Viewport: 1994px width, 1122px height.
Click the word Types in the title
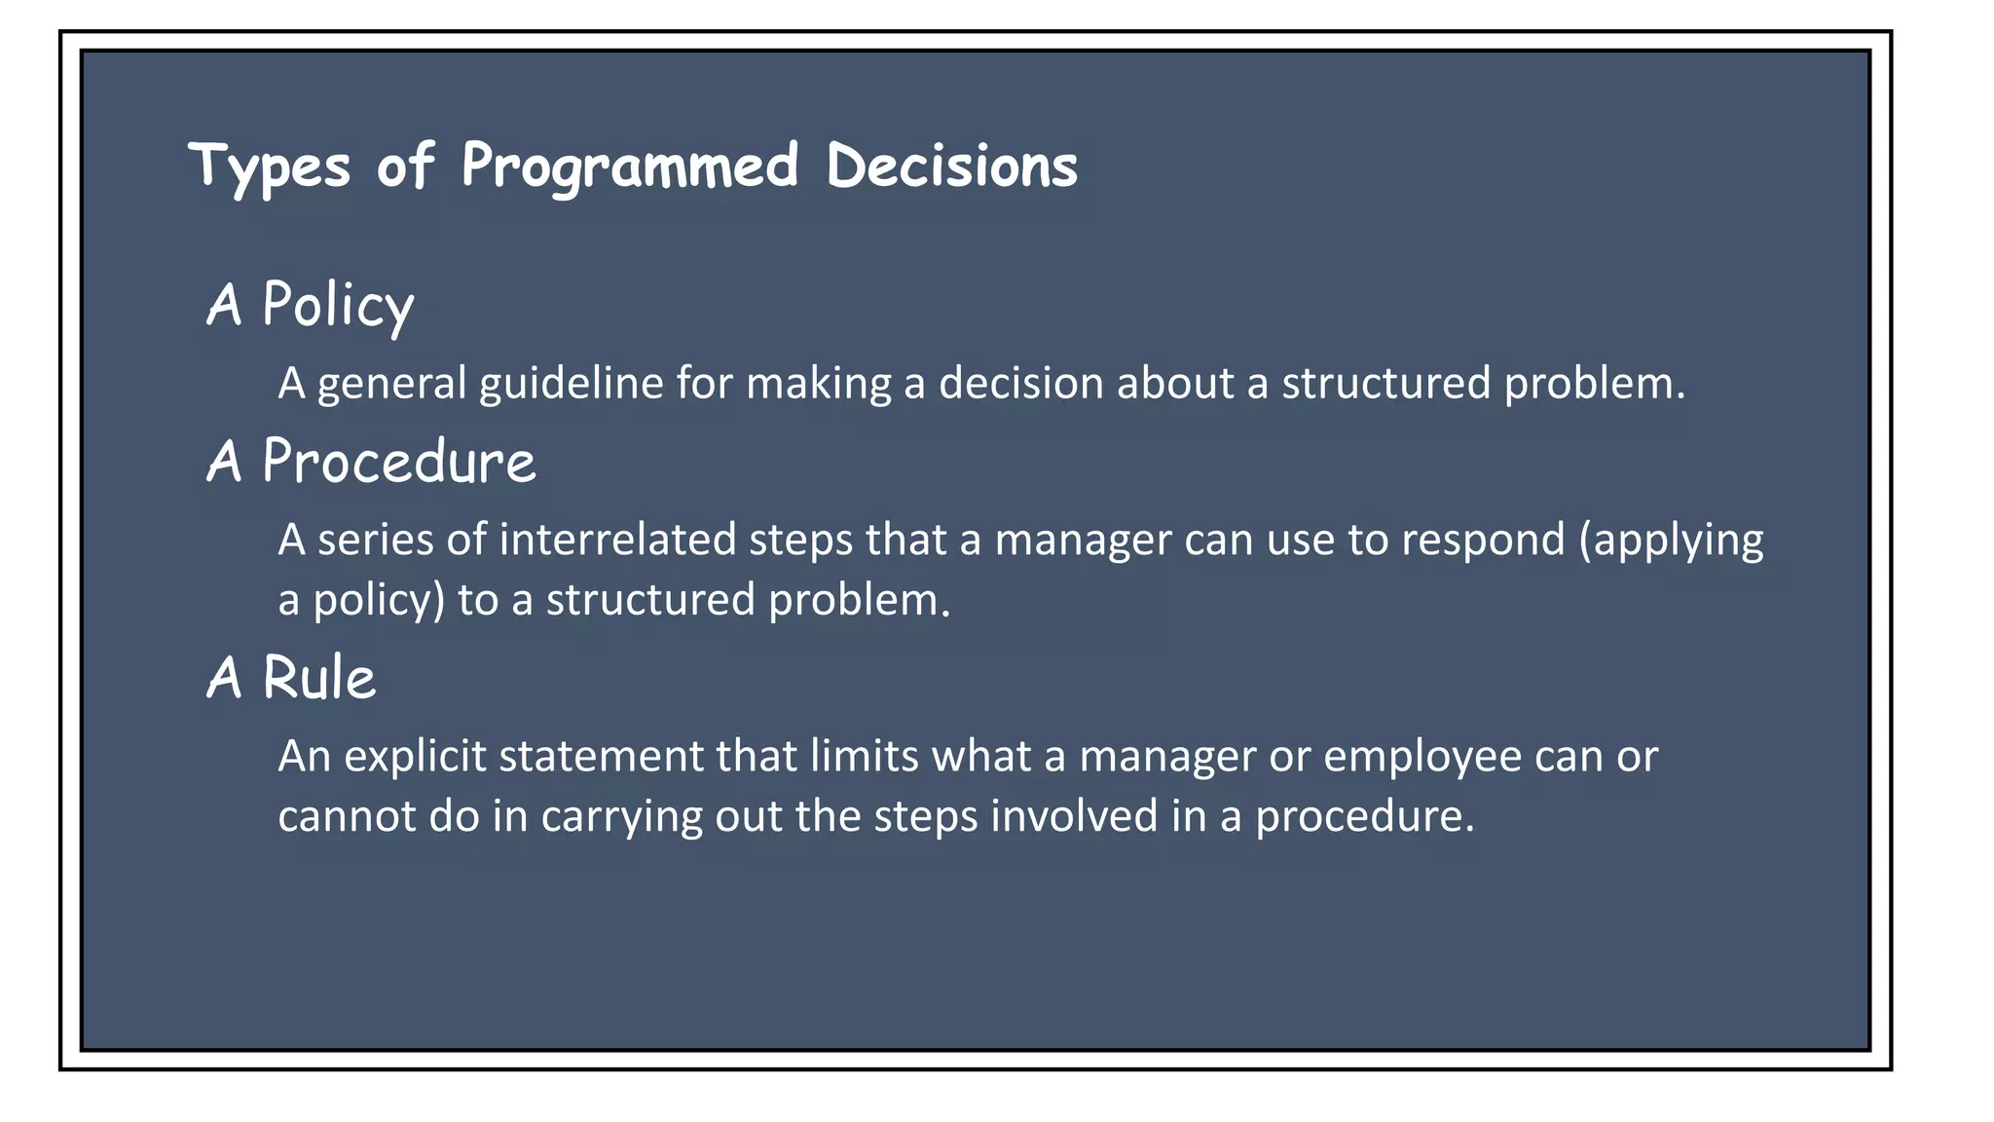pyautogui.click(x=269, y=166)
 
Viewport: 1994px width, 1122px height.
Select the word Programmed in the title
pyautogui.click(x=630, y=166)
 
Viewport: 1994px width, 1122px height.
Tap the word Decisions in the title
pyautogui.click(x=951, y=166)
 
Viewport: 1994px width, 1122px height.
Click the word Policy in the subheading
pyautogui.click(x=338, y=305)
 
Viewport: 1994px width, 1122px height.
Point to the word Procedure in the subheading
pyautogui.click(x=398, y=462)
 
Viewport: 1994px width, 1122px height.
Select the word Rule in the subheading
pyautogui.click(x=318, y=678)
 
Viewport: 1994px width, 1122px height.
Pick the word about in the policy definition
pyautogui.click(x=1175, y=383)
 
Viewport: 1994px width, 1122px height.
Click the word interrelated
pyautogui.click(x=617, y=540)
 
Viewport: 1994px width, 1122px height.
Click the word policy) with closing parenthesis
pyautogui.click(x=379, y=600)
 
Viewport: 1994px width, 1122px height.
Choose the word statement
pyautogui.click(x=601, y=757)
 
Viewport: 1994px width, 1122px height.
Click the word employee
pyautogui.click(x=1422, y=757)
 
